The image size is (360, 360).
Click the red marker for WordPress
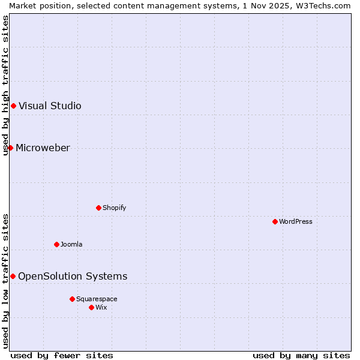click(275, 221)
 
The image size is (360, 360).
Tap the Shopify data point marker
click(98, 208)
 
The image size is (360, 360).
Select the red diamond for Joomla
click(56, 244)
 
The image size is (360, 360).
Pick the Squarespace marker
click(72, 299)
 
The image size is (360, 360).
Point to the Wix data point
click(91, 307)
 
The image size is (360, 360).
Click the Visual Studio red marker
click(13, 106)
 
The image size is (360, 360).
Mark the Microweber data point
click(10, 148)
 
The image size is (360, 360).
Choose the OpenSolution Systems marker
click(13, 276)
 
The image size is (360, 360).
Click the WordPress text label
click(296, 221)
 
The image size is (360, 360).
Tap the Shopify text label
click(114, 208)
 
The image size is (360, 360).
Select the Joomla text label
click(71, 244)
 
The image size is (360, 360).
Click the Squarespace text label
click(97, 299)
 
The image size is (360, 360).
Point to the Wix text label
click(101, 307)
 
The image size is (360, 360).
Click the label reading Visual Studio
click(50, 106)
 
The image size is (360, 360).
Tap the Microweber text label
click(43, 148)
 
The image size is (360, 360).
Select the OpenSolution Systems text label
click(73, 276)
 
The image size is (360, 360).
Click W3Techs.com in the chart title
click(326, 5)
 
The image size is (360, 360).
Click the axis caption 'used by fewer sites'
click(62, 355)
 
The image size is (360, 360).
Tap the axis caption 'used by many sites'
click(301, 355)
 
